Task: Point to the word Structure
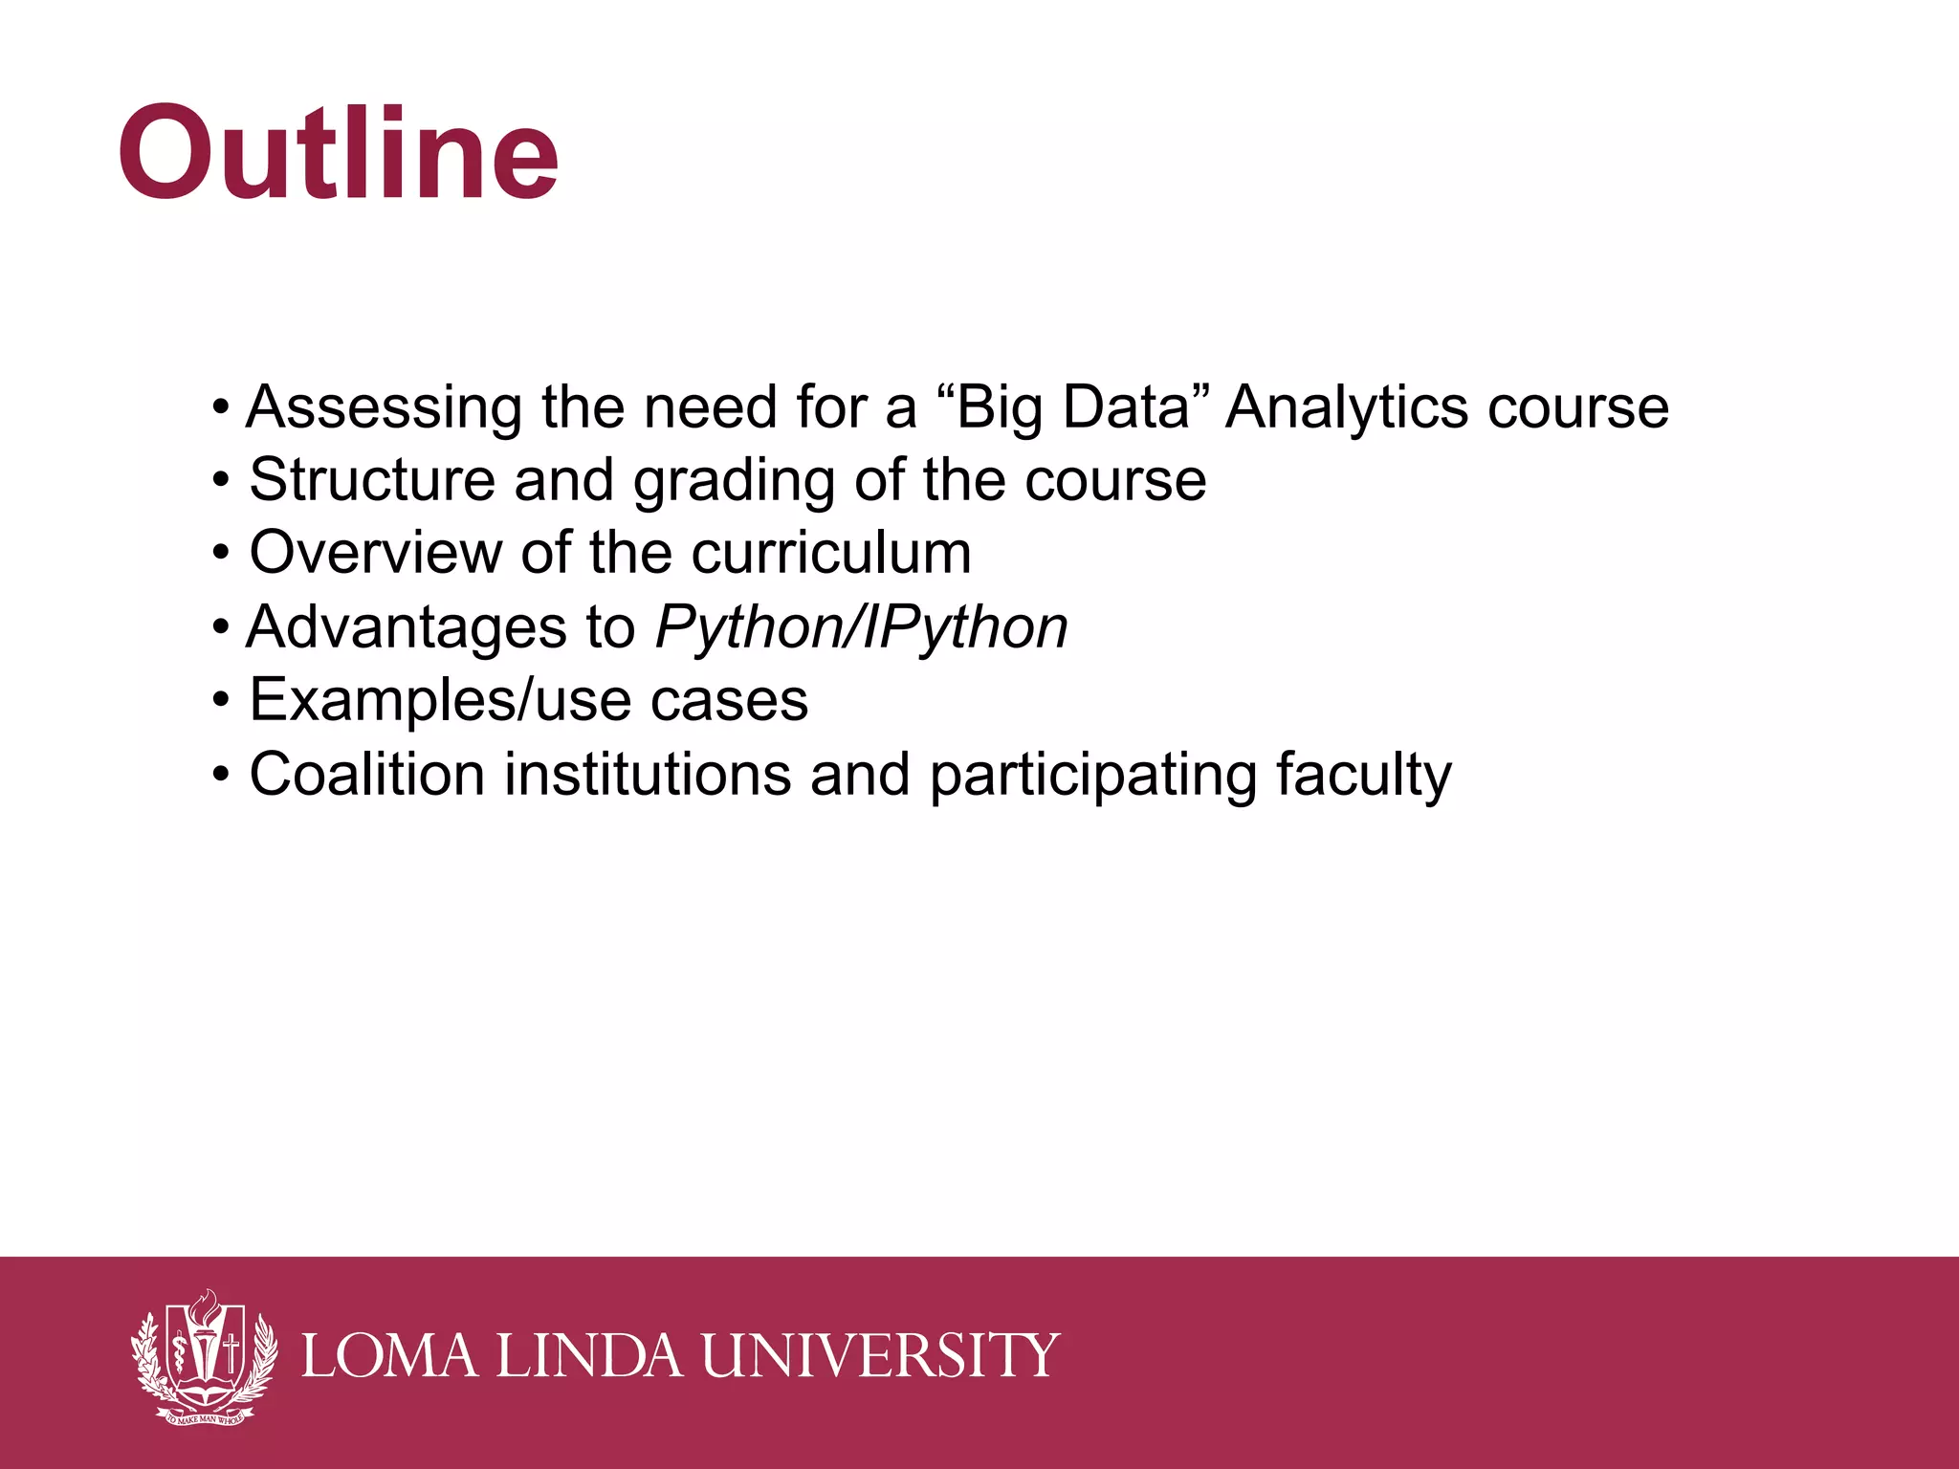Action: [x=371, y=480]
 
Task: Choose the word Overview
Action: [x=374, y=554]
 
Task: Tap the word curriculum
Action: [x=830, y=554]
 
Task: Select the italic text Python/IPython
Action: [x=861, y=628]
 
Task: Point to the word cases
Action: [x=729, y=701]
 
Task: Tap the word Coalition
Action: [x=366, y=775]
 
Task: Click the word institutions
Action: [x=648, y=775]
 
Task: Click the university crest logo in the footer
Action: [x=204, y=1355]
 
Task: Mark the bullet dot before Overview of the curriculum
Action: [x=222, y=554]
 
